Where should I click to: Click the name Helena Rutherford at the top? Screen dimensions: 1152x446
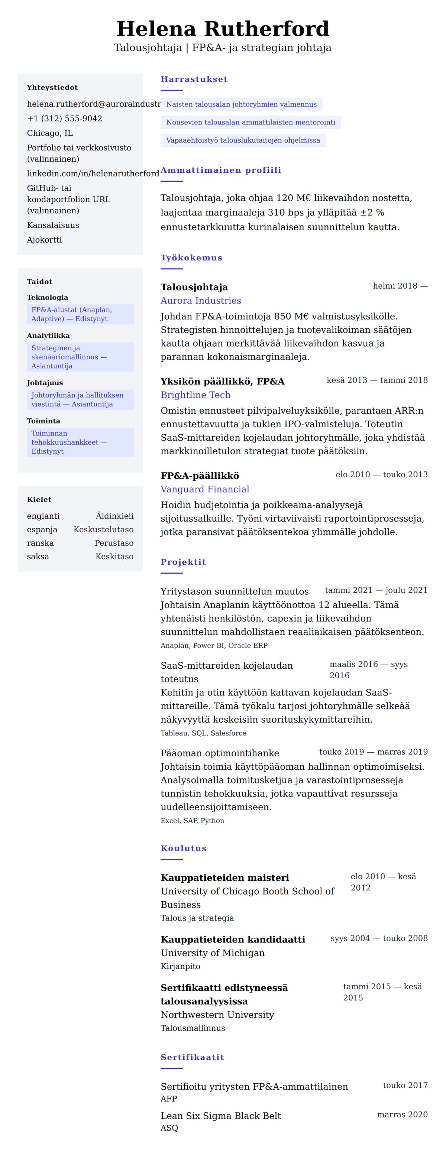click(x=223, y=29)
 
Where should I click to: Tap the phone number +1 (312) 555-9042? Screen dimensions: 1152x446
click(x=64, y=119)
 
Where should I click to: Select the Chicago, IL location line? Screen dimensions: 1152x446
click(x=50, y=133)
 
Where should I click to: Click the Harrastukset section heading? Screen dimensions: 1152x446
click(x=194, y=79)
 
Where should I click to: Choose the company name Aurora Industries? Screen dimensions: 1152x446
click(x=201, y=301)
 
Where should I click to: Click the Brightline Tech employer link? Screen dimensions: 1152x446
click(x=195, y=395)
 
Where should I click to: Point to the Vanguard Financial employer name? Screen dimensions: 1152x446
click(x=205, y=490)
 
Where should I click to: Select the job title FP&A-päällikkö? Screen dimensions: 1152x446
click(x=200, y=476)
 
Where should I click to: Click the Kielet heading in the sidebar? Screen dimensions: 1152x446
click(x=39, y=500)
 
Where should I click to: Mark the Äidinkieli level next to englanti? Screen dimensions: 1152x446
click(x=114, y=516)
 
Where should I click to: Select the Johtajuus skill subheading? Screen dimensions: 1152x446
click(x=45, y=383)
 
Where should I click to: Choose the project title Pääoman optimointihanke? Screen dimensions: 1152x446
click(x=220, y=753)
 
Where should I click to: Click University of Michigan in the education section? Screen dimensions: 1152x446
click(x=213, y=953)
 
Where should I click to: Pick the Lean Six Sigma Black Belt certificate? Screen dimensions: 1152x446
click(x=220, y=1116)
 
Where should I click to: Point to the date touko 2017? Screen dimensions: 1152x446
click(x=405, y=1086)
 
